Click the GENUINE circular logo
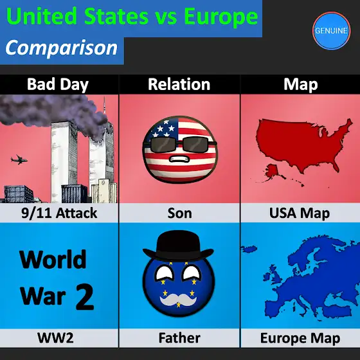pyautogui.click(x=331, y=31)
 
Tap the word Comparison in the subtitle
pyautogui.click(x=61, y=48)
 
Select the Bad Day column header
pyautogui.click(x=58, y=84)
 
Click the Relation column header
pyautogui.click(x=179, y=84)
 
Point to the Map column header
pyautogui.click(x=301, y=84)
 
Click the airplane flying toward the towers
pyautogui.click(x=19, y=159)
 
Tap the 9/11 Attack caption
pyautogui.click(x=59, y=213)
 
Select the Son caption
pyautogui.click(x=179, y=213)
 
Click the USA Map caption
pyautogui.click(x=300, y=213)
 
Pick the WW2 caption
pyautogui.click(x=55, y=337)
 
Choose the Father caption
pyautogui.click(x=179, y=337)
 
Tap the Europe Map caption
pyautogui.click(x=300, y=338)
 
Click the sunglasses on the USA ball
pyautogui.click(x=180, y=144)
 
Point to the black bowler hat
pyautogui.click(x=178, y=246)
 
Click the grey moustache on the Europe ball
pyautogui.click(x=178, y=300)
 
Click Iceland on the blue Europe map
pyautogui.click(x=249, y=249)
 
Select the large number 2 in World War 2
pyautogui.click(x=85, y=296)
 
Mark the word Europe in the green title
pyautogui.click(x=221, y=17)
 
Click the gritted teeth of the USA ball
pyautogui.click(x=179, y=159)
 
